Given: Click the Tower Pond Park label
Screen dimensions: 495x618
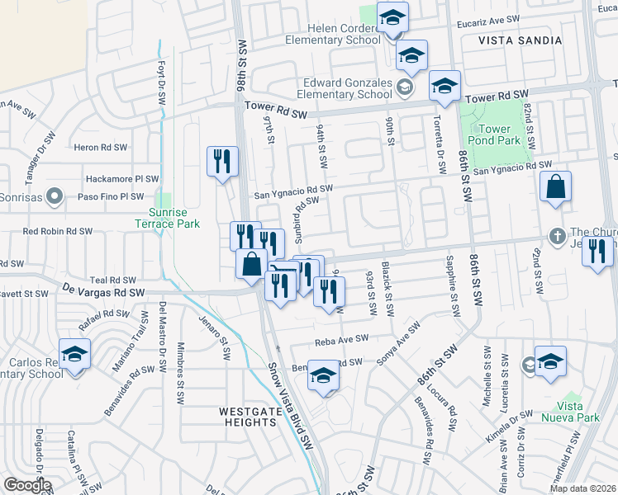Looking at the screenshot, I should pos(495,134).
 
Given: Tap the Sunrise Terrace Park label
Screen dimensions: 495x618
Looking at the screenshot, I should pos(168,217).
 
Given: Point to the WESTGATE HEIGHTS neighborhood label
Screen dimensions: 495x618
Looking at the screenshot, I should pos(248,416).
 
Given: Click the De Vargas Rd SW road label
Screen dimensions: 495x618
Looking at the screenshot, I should pos(104,291).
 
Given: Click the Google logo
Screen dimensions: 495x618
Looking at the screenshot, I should pos(27,484).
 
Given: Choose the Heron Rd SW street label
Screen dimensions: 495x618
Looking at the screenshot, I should pos(101,147).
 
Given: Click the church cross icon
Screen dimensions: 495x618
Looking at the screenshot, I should pos(558,234).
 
